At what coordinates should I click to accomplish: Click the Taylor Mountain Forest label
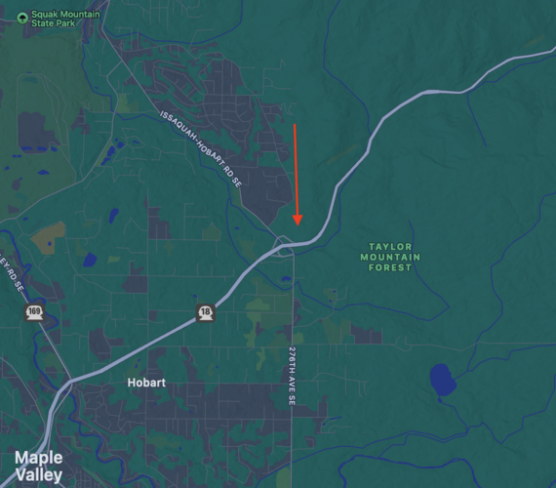point(391,257)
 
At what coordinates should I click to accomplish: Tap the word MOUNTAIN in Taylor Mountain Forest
point(391,257)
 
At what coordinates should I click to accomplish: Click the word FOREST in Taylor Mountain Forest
point(391,267)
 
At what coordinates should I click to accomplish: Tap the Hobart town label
point(147,384)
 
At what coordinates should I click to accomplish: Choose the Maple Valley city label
point(39,467)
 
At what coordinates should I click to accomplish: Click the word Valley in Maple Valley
point(39,475)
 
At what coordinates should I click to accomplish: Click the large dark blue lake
point(442,379)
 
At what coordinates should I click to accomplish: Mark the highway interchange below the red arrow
point(285,245)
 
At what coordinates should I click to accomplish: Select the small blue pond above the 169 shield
point(90,260)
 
